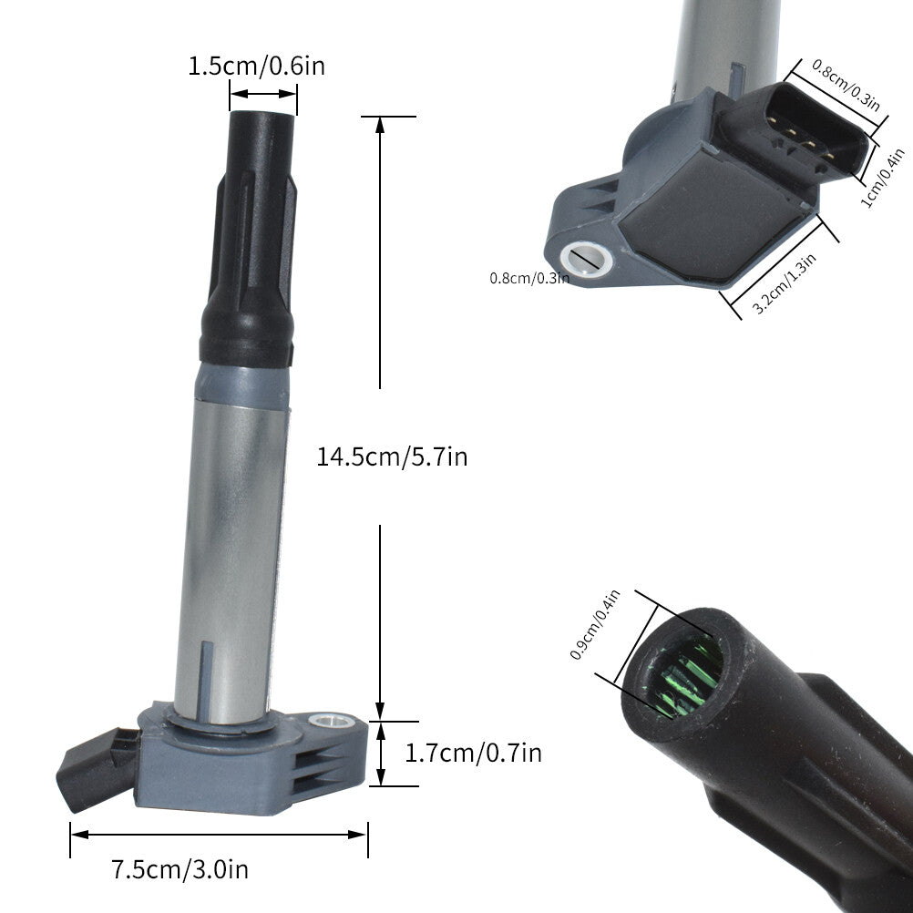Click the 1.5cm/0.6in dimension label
coord(256,66)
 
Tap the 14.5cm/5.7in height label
coord(392,456)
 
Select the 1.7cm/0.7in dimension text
coord(473,753)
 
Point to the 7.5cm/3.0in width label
coord(180,869)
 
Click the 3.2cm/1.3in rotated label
coord(785,283)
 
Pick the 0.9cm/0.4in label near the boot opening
coord(594,624)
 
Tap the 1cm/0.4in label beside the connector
coord(883,179)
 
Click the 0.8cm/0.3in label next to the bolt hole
coord(529,278)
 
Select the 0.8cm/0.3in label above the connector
coord(846,85)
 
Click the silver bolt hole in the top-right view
coord(587,260)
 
